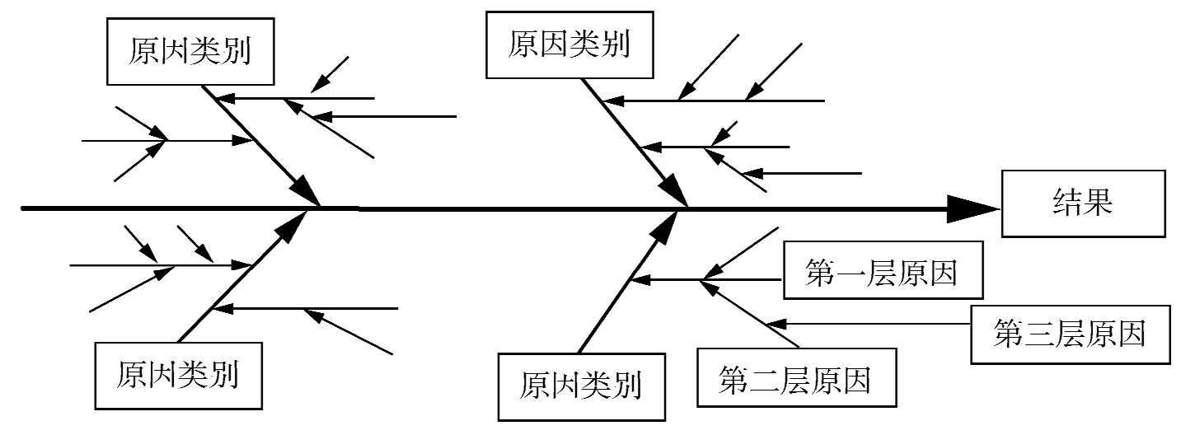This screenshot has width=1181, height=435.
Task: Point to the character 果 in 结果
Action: [x=1099, y=203]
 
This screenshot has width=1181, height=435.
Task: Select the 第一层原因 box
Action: [x=882, y=272]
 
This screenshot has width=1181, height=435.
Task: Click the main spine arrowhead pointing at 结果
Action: [x=972, y=208]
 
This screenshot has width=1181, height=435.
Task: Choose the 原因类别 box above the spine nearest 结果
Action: [x=569, y=45]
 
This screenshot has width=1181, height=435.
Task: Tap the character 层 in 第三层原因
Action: [x=1071, y=334]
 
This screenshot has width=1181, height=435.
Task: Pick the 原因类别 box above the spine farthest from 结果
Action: [x=190, y=53]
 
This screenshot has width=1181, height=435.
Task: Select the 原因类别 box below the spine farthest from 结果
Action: [x=178, y=375]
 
